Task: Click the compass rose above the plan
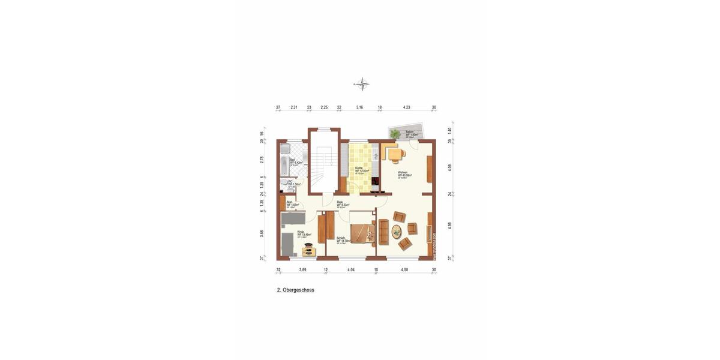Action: (x=361, y=84)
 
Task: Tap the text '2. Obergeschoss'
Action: (x=295, y=290)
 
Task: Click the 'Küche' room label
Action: (x=359, y=168)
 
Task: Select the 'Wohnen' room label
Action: (x=403, y=173)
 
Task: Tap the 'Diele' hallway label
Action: (x=340, y=202)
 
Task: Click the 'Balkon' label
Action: (x=410, y=132)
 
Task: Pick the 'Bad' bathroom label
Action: (x=292, y=160)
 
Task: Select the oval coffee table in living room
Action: (x=397, y=230)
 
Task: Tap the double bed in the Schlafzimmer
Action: (x=362, y=233)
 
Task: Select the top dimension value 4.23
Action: (x=406, y=107)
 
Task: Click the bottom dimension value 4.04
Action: (x=351, y=270)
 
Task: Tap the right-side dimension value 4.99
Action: (x=450, y=226)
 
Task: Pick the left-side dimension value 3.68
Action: (x=262, y=233)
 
